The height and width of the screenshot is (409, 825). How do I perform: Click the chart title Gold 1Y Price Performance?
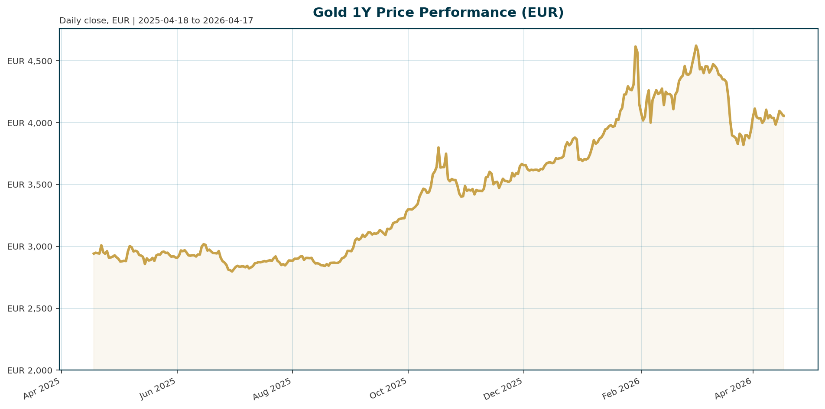(438, 13)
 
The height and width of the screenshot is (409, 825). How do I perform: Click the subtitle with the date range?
(156, 21)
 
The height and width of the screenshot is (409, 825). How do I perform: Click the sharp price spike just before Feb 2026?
(635, 46)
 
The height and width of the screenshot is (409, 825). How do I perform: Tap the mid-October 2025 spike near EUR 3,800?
(438, 148)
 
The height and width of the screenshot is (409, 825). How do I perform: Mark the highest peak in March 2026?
(696, 45)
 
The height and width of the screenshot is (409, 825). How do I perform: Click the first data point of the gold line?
(94, 254)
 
